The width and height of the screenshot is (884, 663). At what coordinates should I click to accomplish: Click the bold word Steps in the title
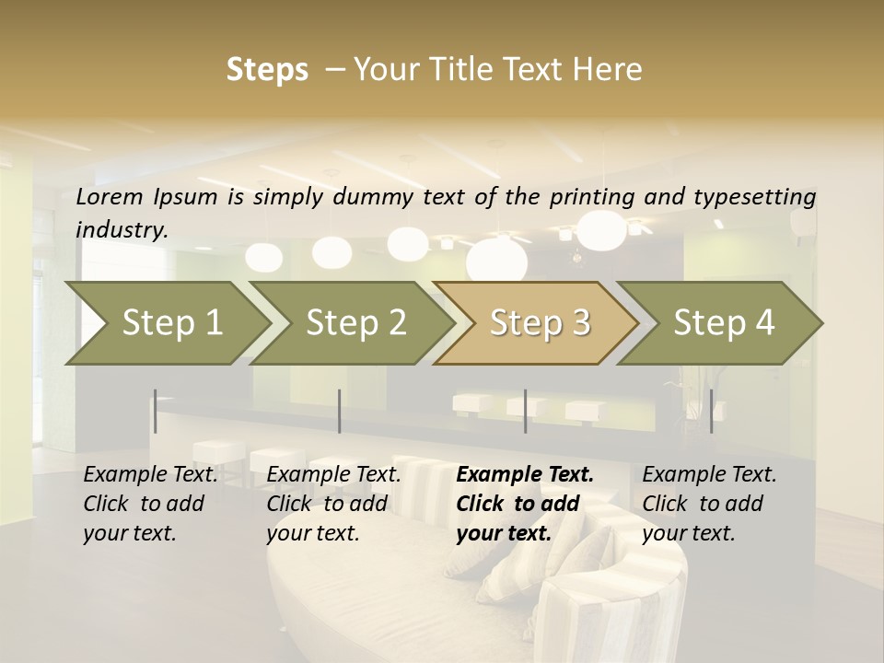(x=267, y=69)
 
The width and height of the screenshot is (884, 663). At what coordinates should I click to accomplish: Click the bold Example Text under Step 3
(x=525, y=475)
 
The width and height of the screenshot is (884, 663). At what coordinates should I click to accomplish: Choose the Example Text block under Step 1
(x=151, y=503)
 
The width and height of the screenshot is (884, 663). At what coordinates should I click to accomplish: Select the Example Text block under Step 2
(x=333, y=503)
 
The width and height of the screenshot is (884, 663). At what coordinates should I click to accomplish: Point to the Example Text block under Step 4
(x=709, y=503)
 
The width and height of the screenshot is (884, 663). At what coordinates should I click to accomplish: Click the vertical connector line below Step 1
(x=156, y=411)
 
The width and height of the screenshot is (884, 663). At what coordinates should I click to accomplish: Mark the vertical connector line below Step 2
(x=340, y=411)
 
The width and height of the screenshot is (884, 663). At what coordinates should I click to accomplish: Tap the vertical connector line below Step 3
(x=525, y=411)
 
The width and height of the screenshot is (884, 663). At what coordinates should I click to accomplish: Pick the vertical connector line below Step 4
(x=711, y=411)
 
